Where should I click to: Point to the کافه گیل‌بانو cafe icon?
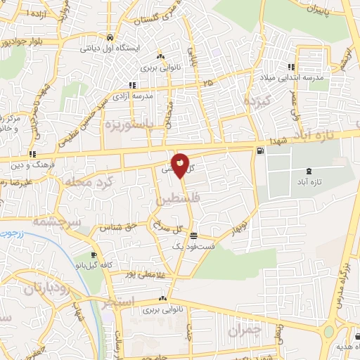coord(94,255)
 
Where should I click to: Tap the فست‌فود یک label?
coord(174,247)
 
